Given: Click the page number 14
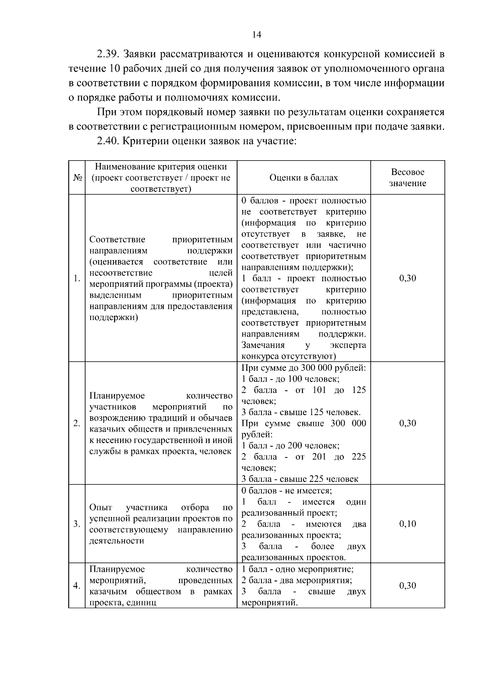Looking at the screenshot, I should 257,35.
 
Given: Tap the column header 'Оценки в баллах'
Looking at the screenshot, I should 303,178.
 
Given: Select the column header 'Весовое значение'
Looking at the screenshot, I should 408,178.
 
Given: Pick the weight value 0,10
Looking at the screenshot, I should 408,524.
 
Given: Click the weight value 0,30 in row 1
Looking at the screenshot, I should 408,278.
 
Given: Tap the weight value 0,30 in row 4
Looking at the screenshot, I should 408,585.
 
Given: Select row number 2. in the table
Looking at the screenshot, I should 77,424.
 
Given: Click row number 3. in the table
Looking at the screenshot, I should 77,524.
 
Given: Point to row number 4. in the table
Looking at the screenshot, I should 77,586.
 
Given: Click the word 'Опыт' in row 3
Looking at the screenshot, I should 101,508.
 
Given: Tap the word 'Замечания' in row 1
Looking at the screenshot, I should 263,345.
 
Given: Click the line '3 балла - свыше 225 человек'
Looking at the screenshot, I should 300,479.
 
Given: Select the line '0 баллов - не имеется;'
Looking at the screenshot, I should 287,491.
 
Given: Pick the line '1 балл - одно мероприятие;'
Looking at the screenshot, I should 297,569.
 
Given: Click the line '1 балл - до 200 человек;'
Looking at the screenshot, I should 290,445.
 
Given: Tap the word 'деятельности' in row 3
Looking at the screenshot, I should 117,541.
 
